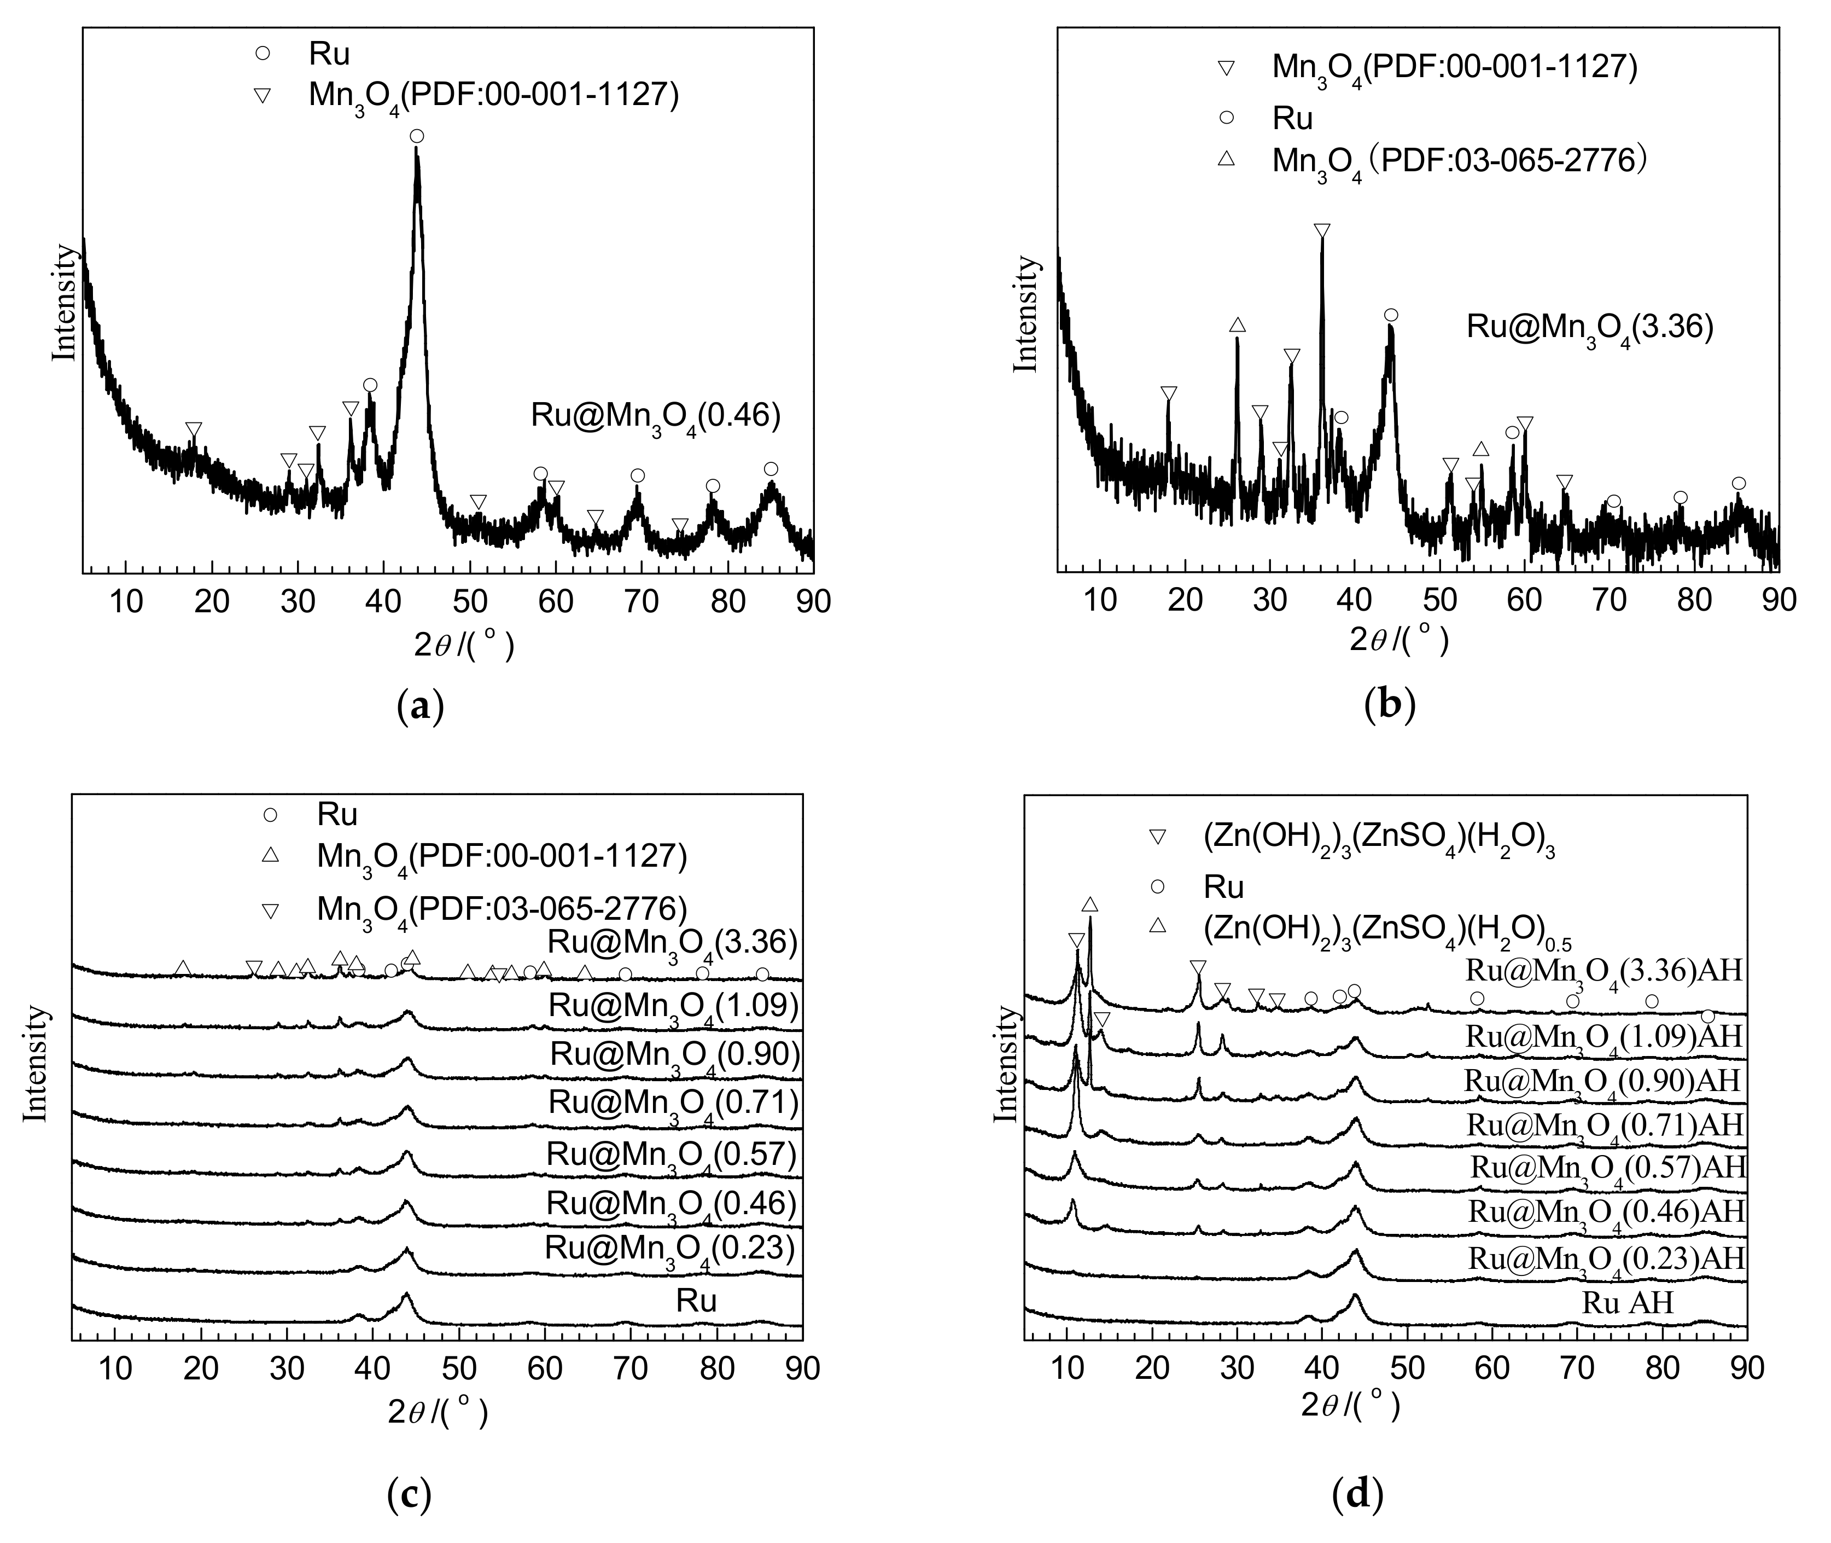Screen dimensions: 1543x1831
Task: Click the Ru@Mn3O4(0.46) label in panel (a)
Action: pyautogui.click(x=655, y=415)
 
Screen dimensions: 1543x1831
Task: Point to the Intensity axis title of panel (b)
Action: pyautogui.click(x=1025, y=313)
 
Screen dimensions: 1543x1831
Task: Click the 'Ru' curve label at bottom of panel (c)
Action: pyautogui.click(x=696, y=1302)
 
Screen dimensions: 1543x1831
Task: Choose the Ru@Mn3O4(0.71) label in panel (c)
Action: pyautogui.click(x=673, y=1104)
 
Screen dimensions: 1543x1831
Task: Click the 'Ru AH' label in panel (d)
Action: pyautogui.click(x=1627, y=1303)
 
